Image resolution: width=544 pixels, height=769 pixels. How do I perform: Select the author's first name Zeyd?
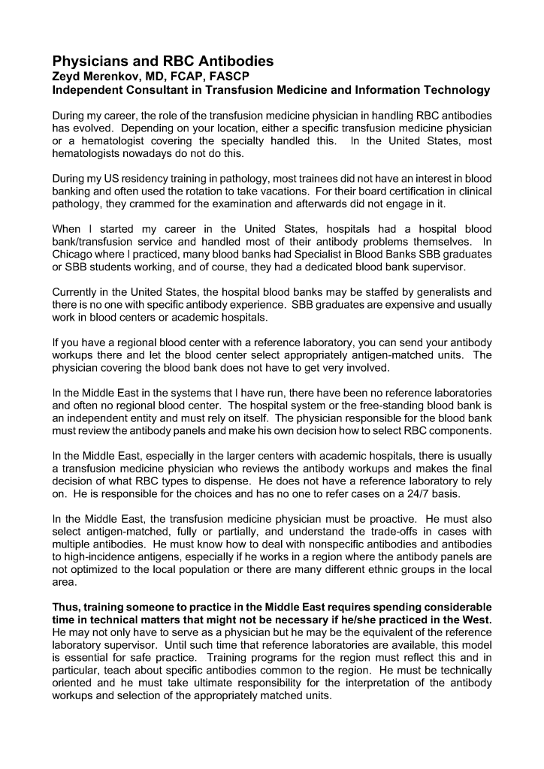pyautogui.click(x=67, y=77)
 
